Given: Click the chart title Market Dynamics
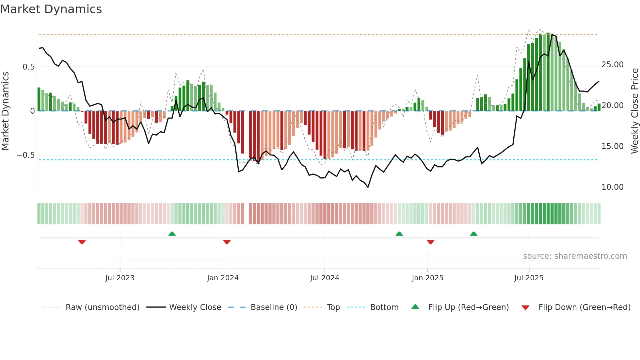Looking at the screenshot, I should pos(51,9).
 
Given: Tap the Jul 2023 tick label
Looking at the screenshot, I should pos(120,278).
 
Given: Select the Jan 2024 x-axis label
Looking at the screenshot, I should pos(223,278).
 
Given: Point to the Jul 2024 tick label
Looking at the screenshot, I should pos(325,278).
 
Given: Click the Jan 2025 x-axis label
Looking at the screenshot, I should pos(427,278).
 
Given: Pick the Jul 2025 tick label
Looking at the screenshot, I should pos(529,278).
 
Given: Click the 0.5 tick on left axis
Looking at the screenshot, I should pos(28,67).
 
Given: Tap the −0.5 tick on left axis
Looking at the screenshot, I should pos(26,155).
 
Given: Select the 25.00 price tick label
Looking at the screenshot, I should pos(613,65).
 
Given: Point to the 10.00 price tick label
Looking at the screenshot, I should pos(613,187).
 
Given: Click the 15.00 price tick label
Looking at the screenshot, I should pos(613,146).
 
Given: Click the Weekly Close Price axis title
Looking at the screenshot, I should pos(634,111).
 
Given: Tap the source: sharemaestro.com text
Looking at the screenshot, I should pos(575,256).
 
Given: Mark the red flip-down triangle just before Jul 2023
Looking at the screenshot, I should pos(82,242).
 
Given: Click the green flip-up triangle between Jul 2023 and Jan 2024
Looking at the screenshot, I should pos(172,234).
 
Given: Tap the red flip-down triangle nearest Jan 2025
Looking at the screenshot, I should pos(430,242).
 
